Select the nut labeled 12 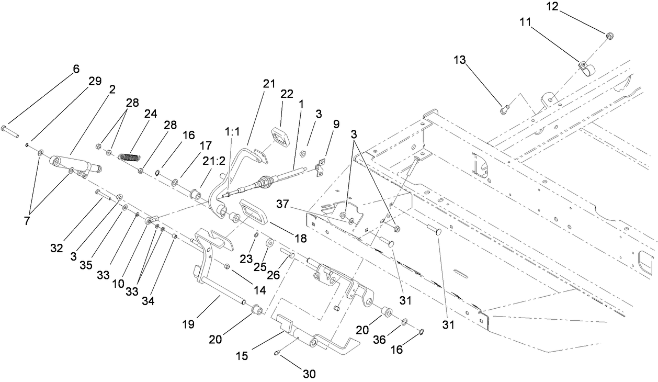pyautogui.click(x=610, y=35)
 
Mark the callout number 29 pyautogui.click(x=95, y=81)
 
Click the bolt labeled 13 pyautogui.click(x=503, y=109)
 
